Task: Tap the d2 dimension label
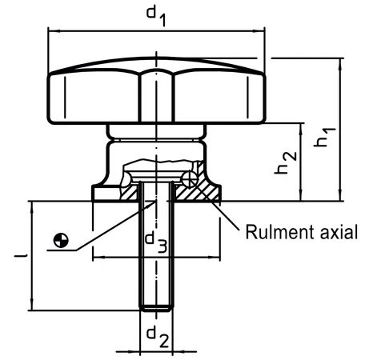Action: [158, 337]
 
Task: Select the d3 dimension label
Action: [156, 242]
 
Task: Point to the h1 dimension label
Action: [324, 137]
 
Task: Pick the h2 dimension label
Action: [286, 162]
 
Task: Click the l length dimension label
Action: [24, 256]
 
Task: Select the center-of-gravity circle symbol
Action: [61, 240]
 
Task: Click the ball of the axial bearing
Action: [190, 178]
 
